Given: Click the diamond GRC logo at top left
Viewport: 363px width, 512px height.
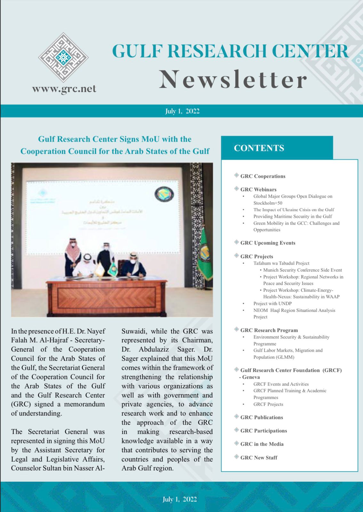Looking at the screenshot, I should (x=63, y=58).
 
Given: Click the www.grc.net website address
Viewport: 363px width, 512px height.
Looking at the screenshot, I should (x=64, y=89).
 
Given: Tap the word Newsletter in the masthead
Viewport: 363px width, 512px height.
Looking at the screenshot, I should (x=233, y=80).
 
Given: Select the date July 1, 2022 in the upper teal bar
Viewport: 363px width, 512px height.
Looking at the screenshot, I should (x=182, y=111).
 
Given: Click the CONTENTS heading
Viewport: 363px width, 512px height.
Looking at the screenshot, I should (x=259, y=148).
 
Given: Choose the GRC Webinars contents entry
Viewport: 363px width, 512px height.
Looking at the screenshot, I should (x=258, y=189).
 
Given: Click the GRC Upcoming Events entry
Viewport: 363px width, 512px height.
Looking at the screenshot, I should (x=268, y=243).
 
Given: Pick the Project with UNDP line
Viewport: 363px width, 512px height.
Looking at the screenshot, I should (x=272, y=303).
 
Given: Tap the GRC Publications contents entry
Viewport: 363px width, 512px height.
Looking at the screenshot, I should (x=262, y=417).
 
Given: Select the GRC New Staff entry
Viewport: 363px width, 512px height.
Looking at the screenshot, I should (x=259, y=458).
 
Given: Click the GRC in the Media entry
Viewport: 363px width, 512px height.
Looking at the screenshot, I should (x=262, y=444).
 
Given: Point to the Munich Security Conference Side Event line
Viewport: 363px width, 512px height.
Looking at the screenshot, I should (x=302, y=270).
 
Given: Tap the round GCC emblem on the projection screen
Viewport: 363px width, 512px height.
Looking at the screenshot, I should (x=164, y=195).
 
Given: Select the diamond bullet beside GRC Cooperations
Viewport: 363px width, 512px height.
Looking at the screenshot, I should (x=237, y=175).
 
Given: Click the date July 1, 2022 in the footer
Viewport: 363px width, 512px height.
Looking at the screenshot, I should (x=180, y=499).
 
